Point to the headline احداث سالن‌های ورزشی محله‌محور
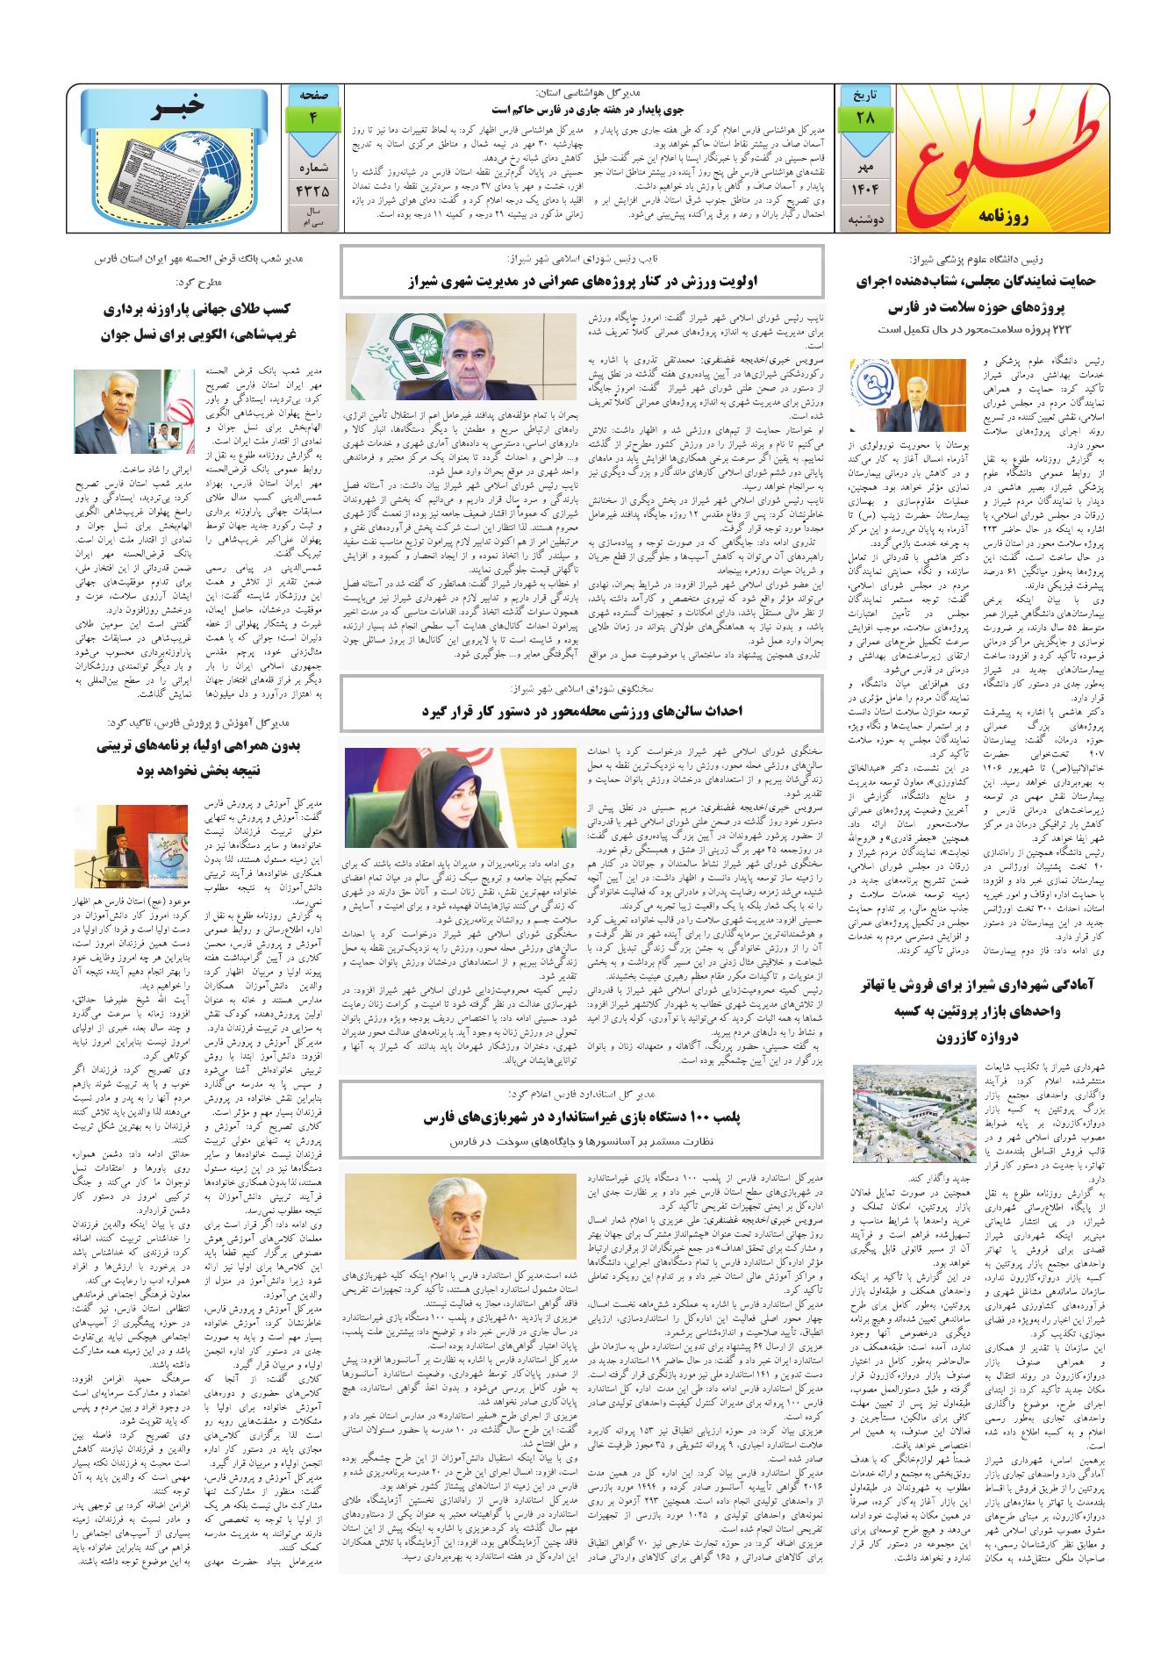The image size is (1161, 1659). pos(582,711)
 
